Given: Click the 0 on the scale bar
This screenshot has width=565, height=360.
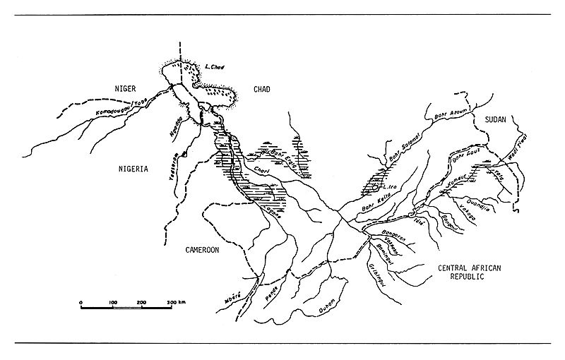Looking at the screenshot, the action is (x=81, y=302).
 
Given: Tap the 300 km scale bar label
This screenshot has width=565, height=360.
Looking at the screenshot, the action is (x=174, y=302).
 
